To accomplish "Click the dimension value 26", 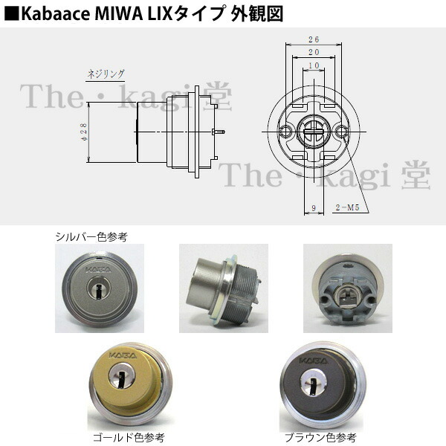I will tap(313, 39).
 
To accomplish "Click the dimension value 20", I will tap(313, 53).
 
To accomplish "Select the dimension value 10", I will tap(313, 66).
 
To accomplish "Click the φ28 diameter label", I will tap(83, 132).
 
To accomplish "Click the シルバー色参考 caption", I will tap(91, 237).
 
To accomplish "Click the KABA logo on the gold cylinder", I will tap(123, 356).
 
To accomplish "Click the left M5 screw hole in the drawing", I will tap(285, 132).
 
